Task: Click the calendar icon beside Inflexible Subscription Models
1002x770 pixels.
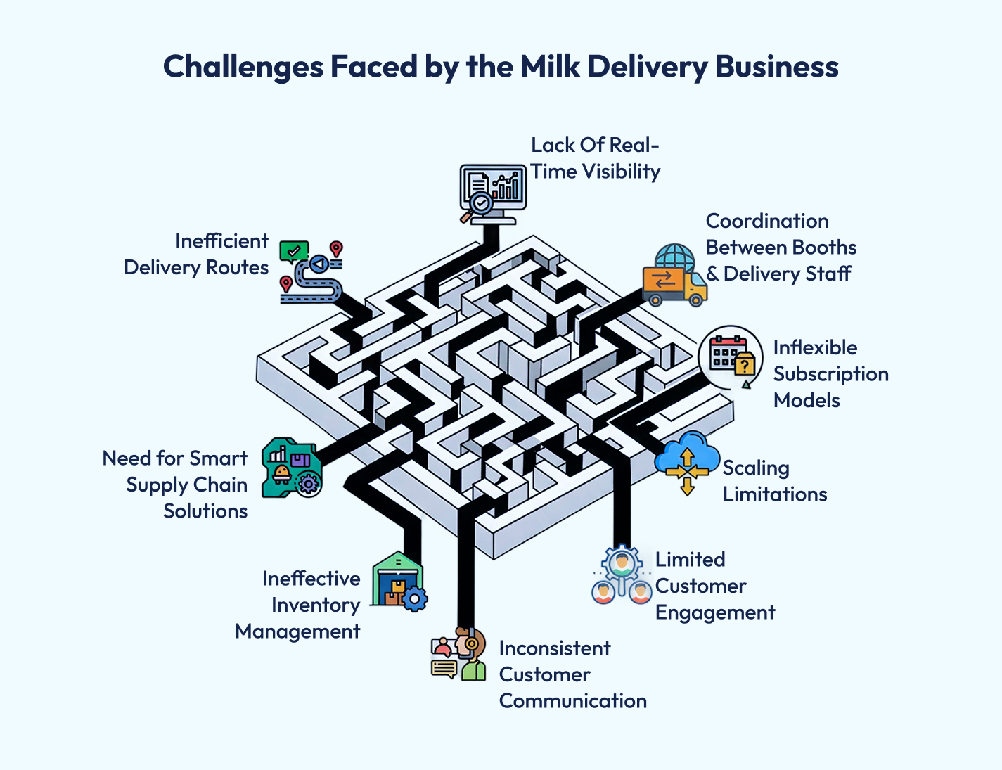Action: [x=731, y=357]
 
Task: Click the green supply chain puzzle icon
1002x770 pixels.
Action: [x=291, y=468]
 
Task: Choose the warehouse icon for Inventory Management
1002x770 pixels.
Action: [x=398, y=581]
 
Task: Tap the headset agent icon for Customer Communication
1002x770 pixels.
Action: [x=459, y=655]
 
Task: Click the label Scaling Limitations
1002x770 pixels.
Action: [x=774, y=481]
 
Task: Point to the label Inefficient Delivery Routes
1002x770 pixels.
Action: [x=197, y=255]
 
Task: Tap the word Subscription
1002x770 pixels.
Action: [x=830, y=374]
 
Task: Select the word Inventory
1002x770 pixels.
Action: [x=316, y=605]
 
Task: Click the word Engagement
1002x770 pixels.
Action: [x=714, y=612]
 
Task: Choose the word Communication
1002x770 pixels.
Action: [x=572, y=701]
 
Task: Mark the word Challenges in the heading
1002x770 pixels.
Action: [x=243, y=67]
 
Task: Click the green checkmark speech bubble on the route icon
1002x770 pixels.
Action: [x=293, y=250]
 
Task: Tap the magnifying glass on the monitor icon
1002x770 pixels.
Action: [x=478, y=205]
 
